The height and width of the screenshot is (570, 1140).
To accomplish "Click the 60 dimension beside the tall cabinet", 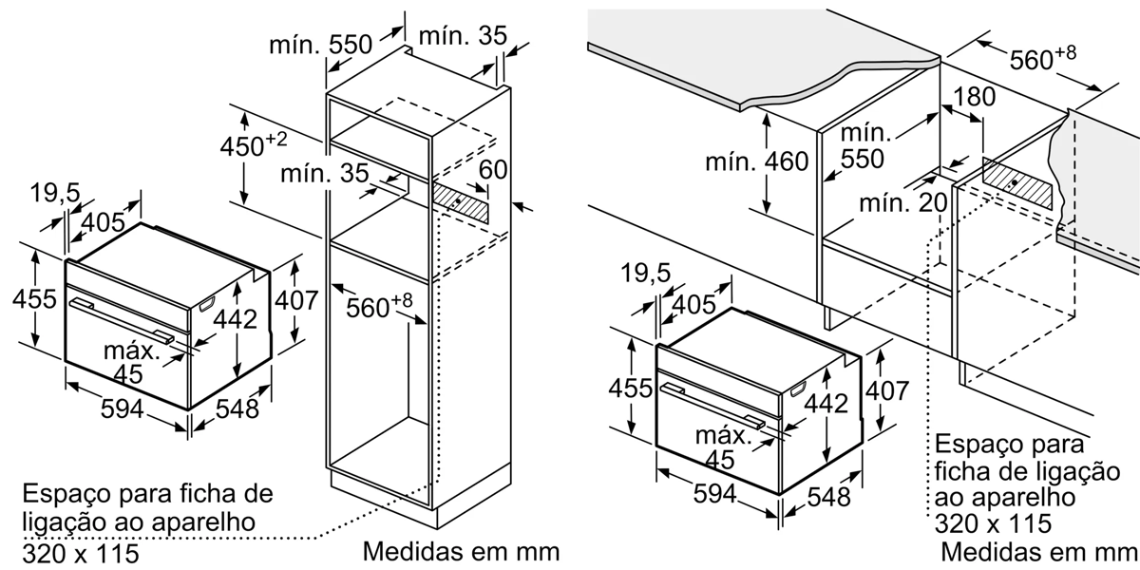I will [492, 171].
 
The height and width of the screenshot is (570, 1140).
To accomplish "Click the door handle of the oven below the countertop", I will [713, 404].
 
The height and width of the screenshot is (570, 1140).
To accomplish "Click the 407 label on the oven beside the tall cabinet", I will [295, 301].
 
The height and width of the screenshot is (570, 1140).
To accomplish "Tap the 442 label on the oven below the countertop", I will [825, 404].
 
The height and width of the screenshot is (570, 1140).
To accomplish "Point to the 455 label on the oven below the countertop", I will [631, 389].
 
